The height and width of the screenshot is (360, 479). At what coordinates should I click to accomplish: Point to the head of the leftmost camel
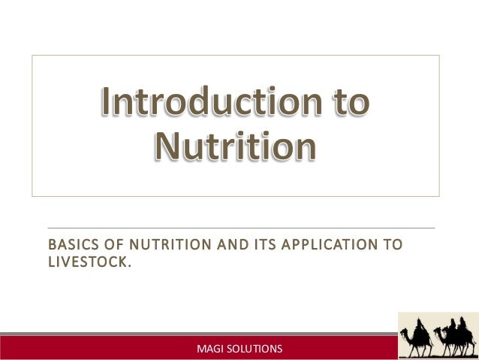(x=403, y=331)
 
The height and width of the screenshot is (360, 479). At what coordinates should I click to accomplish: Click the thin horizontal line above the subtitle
(x=240, y=228)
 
